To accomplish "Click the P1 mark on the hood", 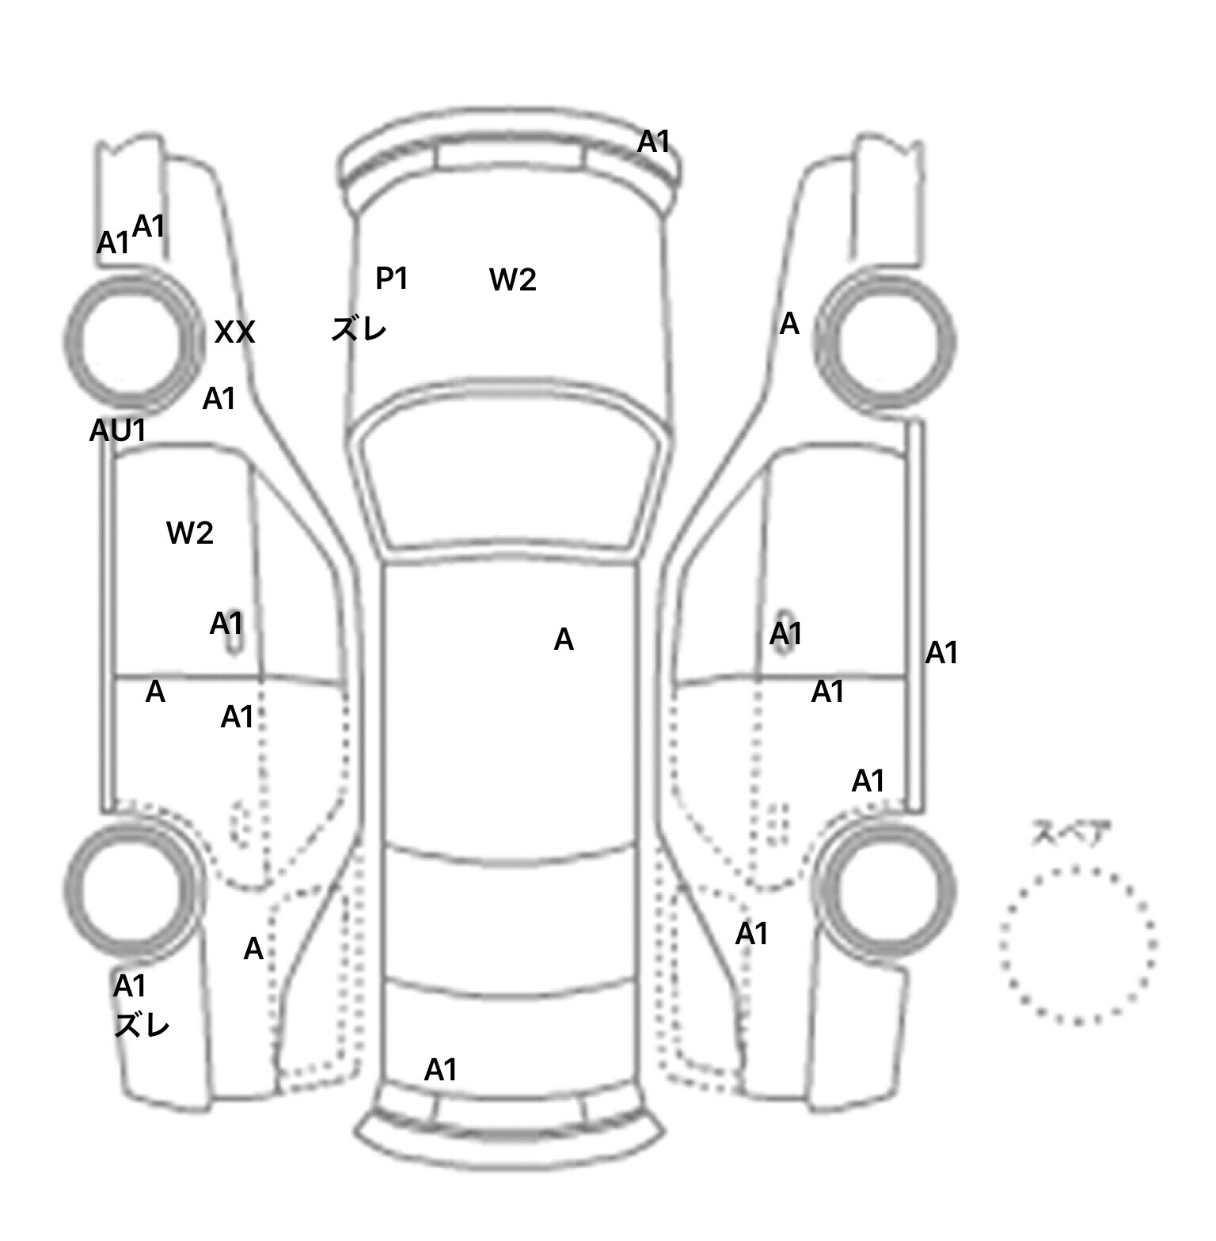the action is click(x=391, y=278).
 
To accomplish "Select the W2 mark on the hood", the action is click(x=513, y=279).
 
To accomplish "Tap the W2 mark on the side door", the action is click(x=190, y=533).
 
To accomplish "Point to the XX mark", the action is click(x=234, y=332).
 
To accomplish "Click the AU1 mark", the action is click(x=118, y=431).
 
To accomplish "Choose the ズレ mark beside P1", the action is click(x=359, y=328).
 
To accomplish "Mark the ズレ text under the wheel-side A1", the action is click(x=142, y=1026).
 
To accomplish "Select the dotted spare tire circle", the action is click(x=1077, y=945).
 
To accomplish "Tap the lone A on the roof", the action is click(x=564, y=639).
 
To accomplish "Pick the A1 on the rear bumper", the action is click(x=441, y=1070).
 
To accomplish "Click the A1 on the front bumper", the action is click(x=654, y=142).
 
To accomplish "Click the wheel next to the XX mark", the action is click(x=132, y=340).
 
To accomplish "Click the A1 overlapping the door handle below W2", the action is click(x=226, y=624).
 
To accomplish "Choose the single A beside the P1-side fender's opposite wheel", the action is click(x=789, y=324).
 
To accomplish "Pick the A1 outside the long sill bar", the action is click(x=941, y=653).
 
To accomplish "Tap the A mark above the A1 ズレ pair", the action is click(x=253, y=948).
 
